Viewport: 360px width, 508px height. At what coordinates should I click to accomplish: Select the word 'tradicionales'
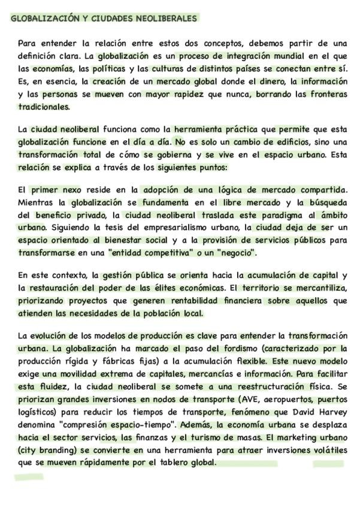pos(44,107)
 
